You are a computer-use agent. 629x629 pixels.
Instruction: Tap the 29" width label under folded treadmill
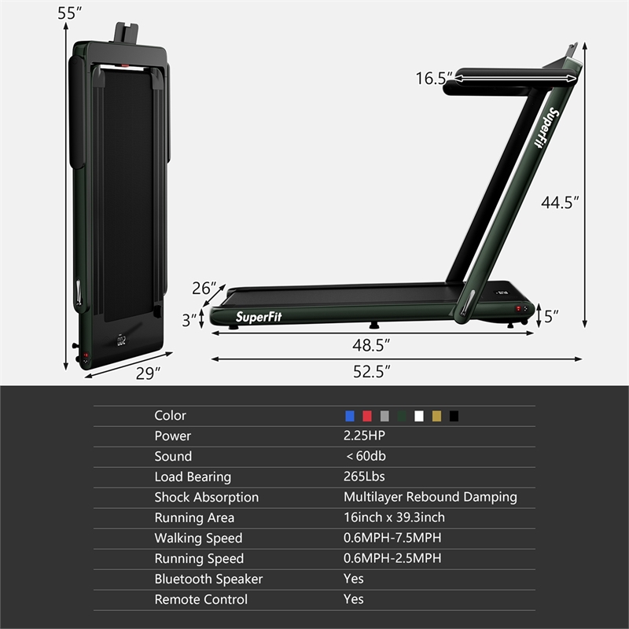tap(147, 374)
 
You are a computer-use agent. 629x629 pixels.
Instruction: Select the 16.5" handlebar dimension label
tap(434, 78)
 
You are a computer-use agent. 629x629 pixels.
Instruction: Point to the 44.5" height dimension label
tap(560, 202)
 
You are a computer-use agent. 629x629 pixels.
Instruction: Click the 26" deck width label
tap(203, 289)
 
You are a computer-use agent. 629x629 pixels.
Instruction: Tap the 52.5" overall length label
tap(372, 372)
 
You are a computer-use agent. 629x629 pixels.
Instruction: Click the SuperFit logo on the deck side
tap(259, 317)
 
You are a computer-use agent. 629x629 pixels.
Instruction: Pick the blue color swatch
tap(350, 416)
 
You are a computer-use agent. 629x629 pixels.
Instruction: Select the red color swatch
tap(367, 416)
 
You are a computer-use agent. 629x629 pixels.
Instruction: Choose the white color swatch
tap(419, 416)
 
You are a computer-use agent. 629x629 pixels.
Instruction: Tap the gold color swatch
tap(436, 416)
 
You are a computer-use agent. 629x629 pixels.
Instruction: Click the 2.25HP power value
tap(365, 436)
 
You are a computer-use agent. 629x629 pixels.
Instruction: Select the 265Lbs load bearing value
tap(364, 476)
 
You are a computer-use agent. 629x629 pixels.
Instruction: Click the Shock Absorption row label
tap(206, 497)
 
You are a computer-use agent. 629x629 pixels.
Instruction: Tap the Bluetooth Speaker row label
tap(208, 579)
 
